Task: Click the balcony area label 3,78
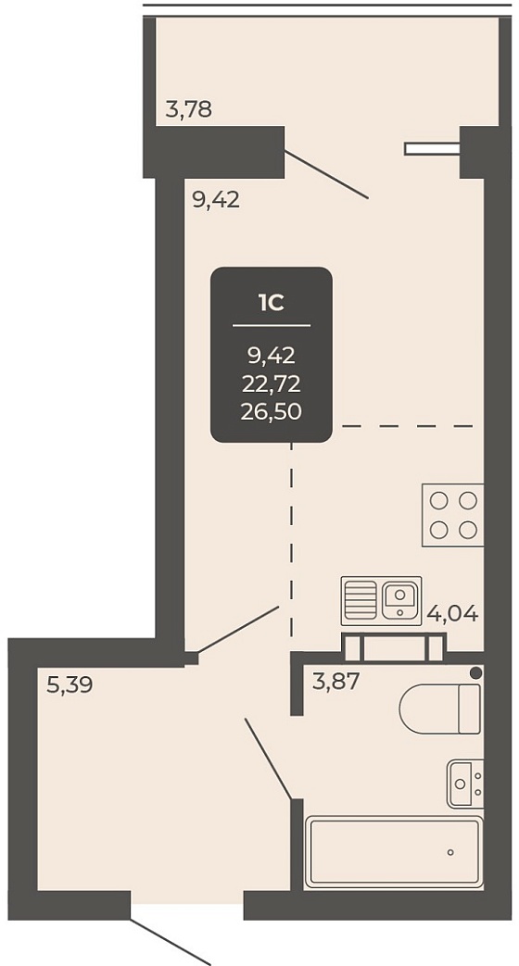coord(189,109)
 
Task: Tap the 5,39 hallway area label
coord(70,684)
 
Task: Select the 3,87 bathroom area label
coord(335,682)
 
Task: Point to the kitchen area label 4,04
coord(453,614)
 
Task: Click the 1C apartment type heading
coord(272,303)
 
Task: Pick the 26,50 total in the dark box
coord(272,411)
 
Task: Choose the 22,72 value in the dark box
coord(272,383)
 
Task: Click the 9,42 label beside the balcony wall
coord(216,200)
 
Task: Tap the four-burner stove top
coord(453,516)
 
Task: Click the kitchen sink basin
coord(401,597)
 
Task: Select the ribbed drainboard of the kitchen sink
coord(361,597)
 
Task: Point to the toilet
coord(440,709)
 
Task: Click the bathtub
coord(394,853)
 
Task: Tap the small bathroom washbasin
coord(465,783)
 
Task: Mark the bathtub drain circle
coord(450,853)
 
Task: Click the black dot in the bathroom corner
coord(475,672)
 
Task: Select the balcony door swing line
coord(326,174)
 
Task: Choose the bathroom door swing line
coord(268,759)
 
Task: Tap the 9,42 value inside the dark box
coord(272,355)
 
